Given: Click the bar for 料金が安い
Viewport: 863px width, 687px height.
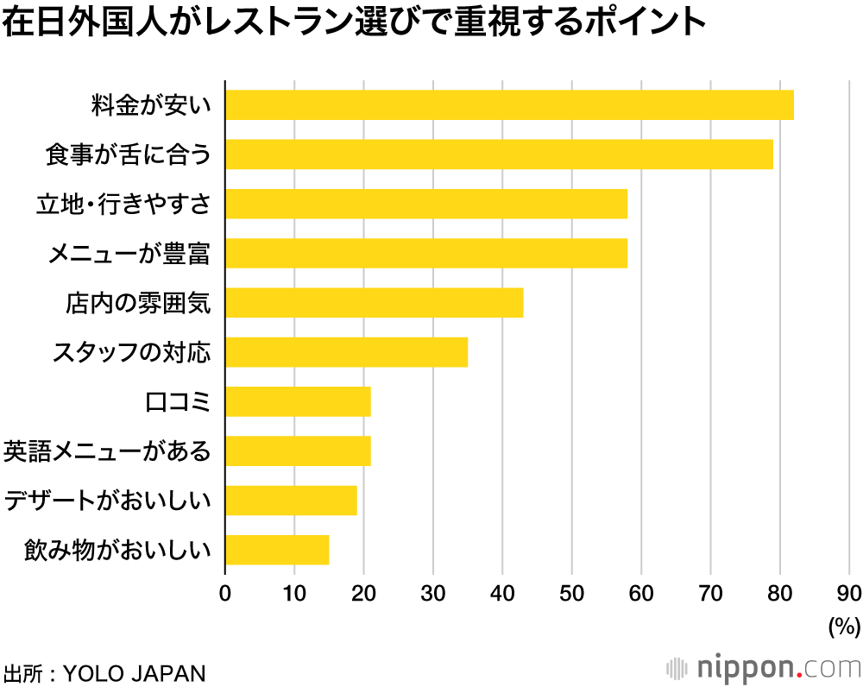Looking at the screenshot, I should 509,105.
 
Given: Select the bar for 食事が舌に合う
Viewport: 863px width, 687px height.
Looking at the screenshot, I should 499,154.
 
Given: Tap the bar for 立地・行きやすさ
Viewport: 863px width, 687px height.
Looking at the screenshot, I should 426,204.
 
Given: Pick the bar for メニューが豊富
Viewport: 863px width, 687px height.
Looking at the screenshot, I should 426,253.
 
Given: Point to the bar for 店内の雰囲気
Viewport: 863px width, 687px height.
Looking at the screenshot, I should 375,303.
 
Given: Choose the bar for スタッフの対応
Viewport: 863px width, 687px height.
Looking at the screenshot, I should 347,352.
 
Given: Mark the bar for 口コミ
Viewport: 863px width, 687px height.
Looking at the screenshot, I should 299,401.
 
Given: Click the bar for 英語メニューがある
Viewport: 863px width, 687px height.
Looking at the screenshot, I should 299,451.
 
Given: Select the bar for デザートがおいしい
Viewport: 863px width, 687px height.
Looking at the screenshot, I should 292,500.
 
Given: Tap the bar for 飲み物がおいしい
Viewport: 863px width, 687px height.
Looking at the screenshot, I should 278,549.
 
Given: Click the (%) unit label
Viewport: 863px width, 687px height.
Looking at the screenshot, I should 844,625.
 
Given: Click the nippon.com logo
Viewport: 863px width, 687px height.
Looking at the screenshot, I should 764,667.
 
